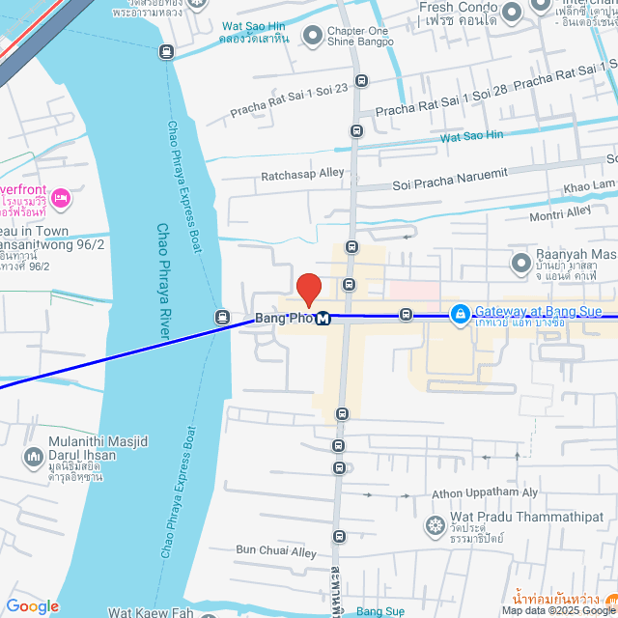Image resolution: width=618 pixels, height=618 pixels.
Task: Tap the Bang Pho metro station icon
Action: pos(323,319)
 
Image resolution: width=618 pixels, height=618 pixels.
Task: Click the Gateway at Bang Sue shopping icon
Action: pos(461,314)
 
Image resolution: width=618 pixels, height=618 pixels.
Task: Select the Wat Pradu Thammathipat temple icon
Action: pos(435,526)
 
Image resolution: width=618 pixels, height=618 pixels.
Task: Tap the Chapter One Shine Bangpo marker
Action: pos(312,37)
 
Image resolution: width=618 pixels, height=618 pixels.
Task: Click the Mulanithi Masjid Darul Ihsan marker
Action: pos(33,455)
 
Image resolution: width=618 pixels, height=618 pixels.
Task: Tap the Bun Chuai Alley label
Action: pos(276,551)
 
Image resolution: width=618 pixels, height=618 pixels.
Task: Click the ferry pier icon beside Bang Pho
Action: pos(222,317)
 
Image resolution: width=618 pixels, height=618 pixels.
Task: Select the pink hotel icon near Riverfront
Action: pos(60,198)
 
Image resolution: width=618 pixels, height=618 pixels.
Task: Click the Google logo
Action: pos(32,606)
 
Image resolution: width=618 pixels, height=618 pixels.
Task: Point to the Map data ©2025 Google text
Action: pos(557,610)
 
